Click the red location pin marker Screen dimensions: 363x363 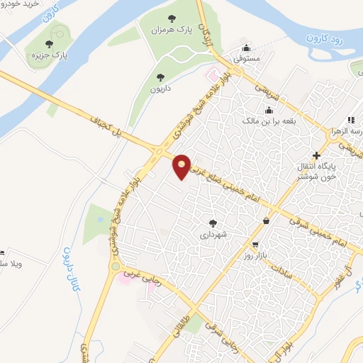pyautogui.click(x=182, y=167)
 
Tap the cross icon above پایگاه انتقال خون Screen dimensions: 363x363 pyautogui.click(x=316, y=155)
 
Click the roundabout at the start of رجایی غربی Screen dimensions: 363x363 pyautogui.click(x=115, y=267)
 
